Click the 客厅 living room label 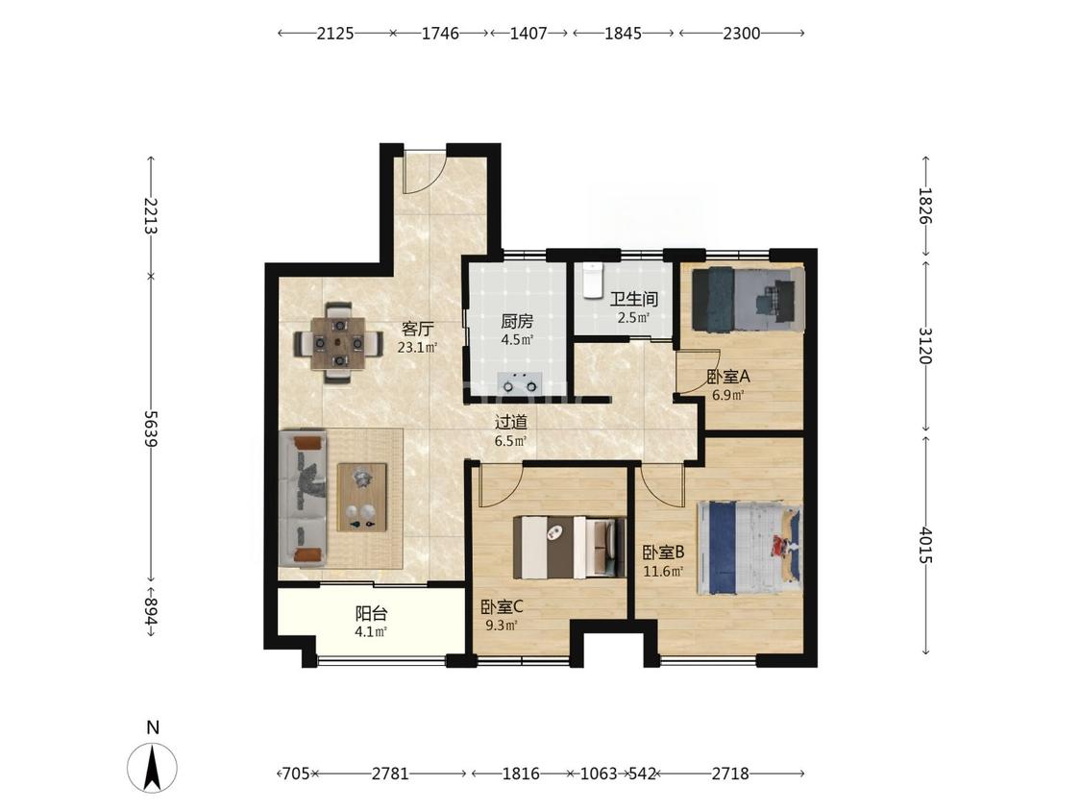[x=417, y=329]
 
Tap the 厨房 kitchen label [x=516, y=321]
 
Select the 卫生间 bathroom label [x=633, y=299]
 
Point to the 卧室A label [x=728, y=378]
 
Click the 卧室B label [x=663, y=553]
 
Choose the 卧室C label [x=502, y=607]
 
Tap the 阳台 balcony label [x=371, y=613]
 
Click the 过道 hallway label [x=511, y=422]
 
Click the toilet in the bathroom [x=592, y=280]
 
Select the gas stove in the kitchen [x=520, y=382]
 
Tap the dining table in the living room [x=338, y=342]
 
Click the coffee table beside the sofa [x=362, y=497]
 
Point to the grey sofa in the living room [x=304, y=499]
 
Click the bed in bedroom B [x=750, y=548]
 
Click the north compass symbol [x=153, y=768]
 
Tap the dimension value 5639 [x=151, y=429]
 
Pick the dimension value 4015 [x=925, y=546]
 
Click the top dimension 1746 [x=440, y=33]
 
